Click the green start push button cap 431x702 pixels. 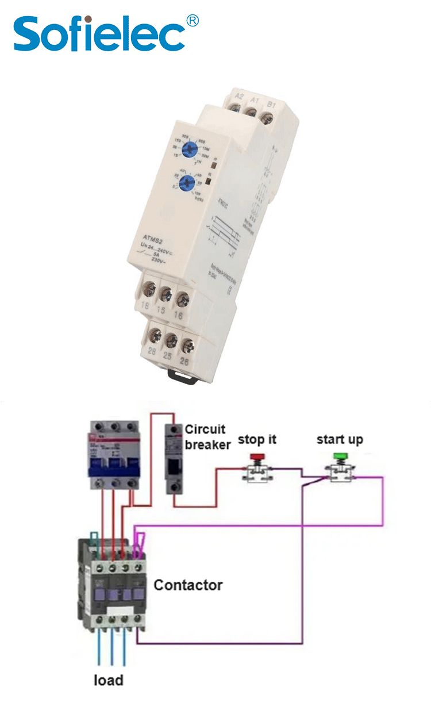(340, 457)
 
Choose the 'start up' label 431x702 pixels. (340, 440)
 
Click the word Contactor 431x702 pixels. (188, 585)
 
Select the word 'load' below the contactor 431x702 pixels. (108, 680)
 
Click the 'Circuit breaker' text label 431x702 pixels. (207, 436)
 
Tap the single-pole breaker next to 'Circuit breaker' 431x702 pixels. (174, 458)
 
